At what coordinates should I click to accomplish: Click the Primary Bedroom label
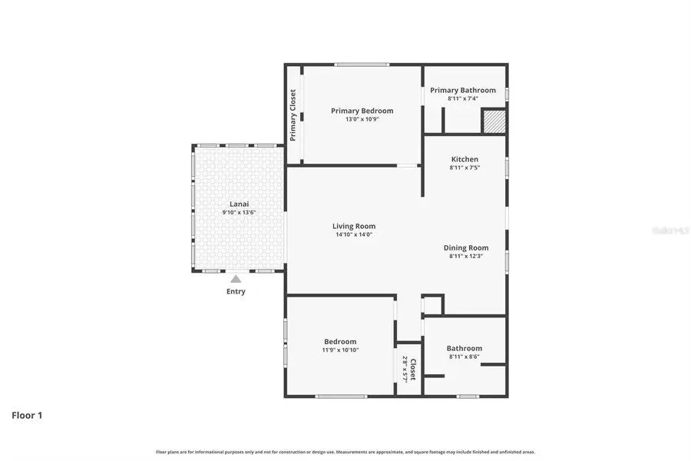pos(362,111)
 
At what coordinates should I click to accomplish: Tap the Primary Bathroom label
pos(462,90)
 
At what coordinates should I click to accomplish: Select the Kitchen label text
pos(465,159)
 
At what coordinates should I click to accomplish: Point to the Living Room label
pos(354,226)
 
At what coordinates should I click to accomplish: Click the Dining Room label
pos(466,247)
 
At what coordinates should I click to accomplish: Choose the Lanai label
pos(239,204)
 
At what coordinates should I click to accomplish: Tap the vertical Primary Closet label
pos(293,115)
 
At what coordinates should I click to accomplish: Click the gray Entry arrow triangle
pos(236,279)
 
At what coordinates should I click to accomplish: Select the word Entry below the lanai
pos(236,292)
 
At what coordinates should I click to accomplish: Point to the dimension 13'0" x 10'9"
pos(362,119)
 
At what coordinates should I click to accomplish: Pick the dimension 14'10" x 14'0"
pos(354,234)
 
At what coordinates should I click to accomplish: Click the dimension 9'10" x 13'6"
pos(239,212)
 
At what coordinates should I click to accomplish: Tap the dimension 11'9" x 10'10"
pos(340,350)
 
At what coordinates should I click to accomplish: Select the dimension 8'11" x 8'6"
pos(465,357)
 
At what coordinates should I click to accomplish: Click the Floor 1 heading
pos(27,415)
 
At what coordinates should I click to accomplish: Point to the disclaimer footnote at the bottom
pos(345,452)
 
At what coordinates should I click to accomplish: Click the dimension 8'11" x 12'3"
pos(466,256)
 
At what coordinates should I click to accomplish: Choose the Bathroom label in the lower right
pos(465,348)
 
